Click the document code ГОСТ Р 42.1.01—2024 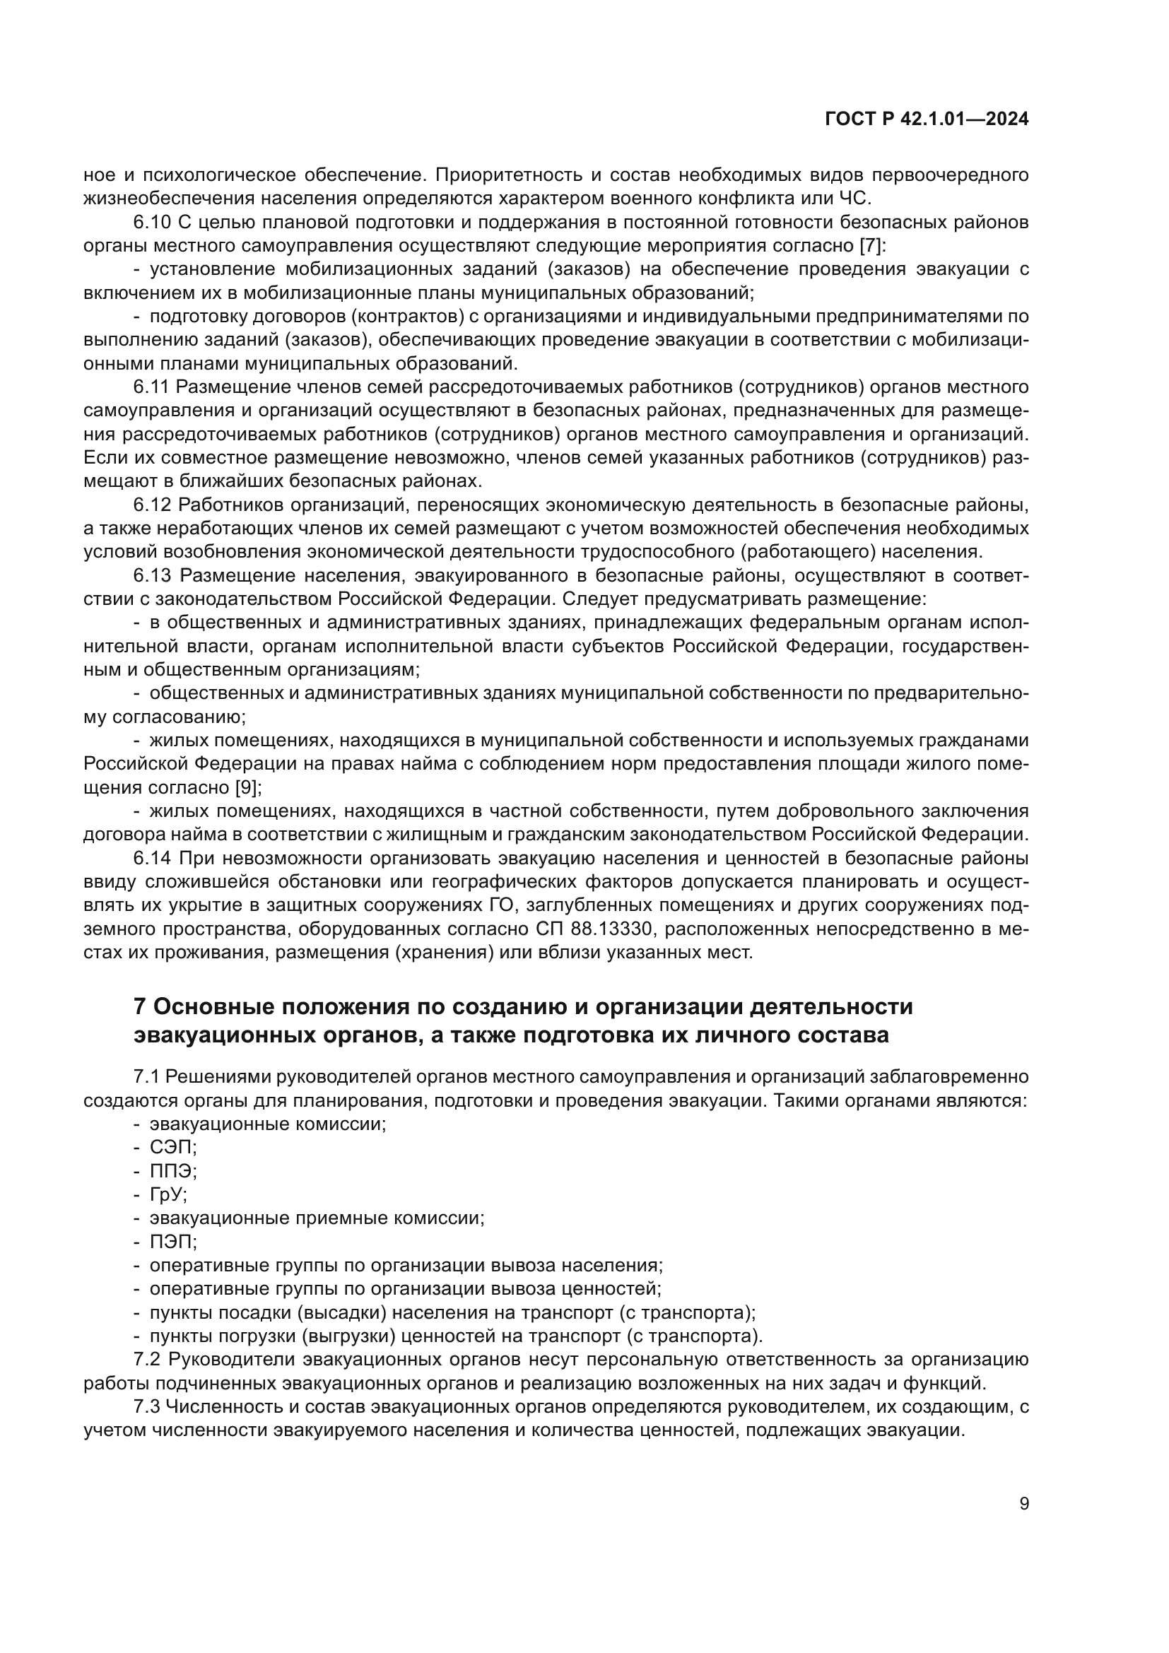click(927, 119)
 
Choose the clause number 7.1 click(146, 1077)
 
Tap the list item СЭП click(172, 1148)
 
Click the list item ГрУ click(168, 1194)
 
